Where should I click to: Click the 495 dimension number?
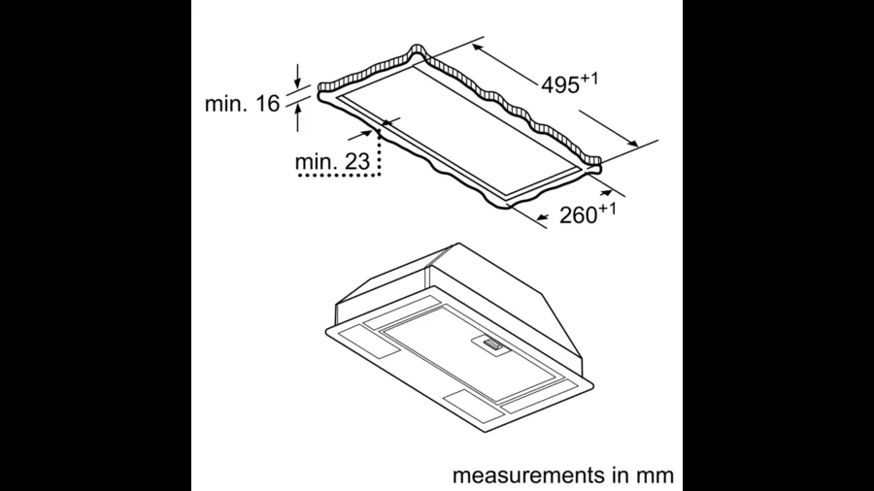(560, 85)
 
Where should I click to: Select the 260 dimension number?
(579, 215)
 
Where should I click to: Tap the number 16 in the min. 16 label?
(268, 104)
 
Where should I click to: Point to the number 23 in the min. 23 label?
(357, 162)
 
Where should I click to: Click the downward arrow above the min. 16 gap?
(298, 77)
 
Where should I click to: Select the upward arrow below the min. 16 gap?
(298, 117)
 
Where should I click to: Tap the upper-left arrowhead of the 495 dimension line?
(478, 48)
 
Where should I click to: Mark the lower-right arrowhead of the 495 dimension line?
(631, 143)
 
